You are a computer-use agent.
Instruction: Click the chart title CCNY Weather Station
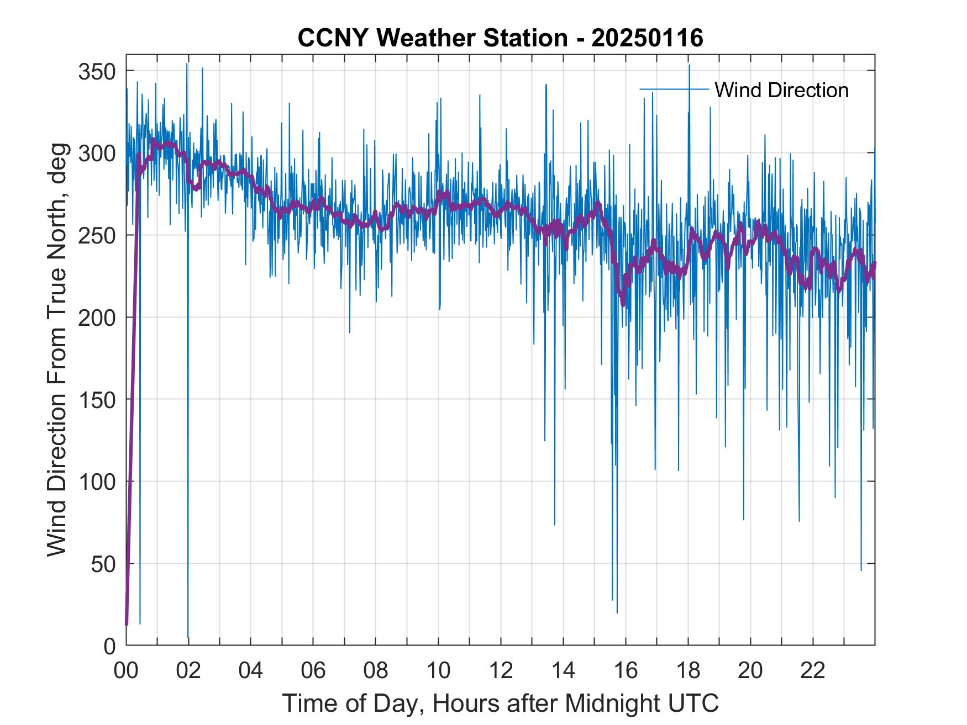click(x=432, y=38)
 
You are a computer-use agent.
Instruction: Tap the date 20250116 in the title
click(x=647, y=38)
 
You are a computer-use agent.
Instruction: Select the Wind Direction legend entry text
click(x=781, y=90)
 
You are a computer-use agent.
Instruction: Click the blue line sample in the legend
click(x=674, y=89)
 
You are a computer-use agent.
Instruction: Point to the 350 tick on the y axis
click(x=97, y=72)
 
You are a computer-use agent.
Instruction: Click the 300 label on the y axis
click(x=97, y=154)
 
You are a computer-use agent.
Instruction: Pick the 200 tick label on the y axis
click(x=97, y=318)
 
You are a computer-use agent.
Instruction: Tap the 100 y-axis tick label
click(x=97, y=482)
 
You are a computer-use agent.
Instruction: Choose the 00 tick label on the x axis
click(x=126, y=671)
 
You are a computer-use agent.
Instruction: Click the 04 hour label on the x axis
click(x=251, y=671)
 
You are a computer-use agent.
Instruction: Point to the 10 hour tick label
click(x=438, y=671)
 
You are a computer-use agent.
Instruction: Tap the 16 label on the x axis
click(x=626, y=671)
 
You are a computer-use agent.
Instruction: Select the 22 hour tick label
click(x=813, y=671)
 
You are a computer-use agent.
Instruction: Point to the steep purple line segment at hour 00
click(x=133, y=387)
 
